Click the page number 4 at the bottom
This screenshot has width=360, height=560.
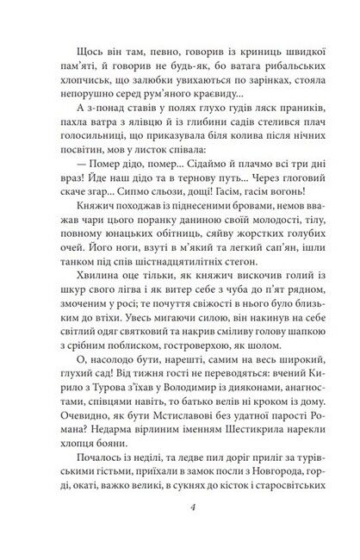(x=179, y=526)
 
